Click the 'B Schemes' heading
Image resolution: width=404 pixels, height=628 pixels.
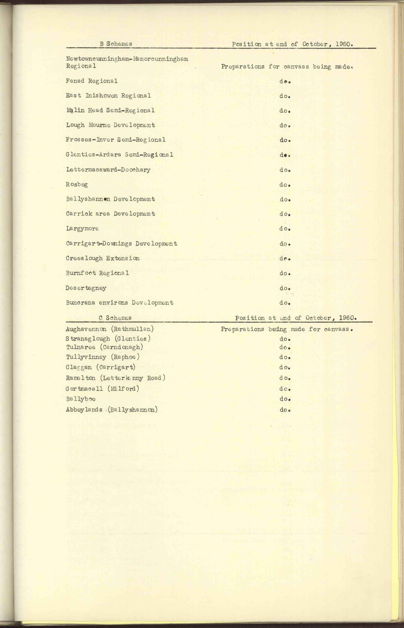click(116, 44)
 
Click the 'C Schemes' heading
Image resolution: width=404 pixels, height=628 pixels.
click(115, 318)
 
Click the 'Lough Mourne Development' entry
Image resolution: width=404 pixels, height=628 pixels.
click(110, 125)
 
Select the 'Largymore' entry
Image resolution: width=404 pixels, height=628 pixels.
click(82, 229)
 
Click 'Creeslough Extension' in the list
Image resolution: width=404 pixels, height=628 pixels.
click(103, 258)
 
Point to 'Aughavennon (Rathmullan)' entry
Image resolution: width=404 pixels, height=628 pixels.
click(110, 329)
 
